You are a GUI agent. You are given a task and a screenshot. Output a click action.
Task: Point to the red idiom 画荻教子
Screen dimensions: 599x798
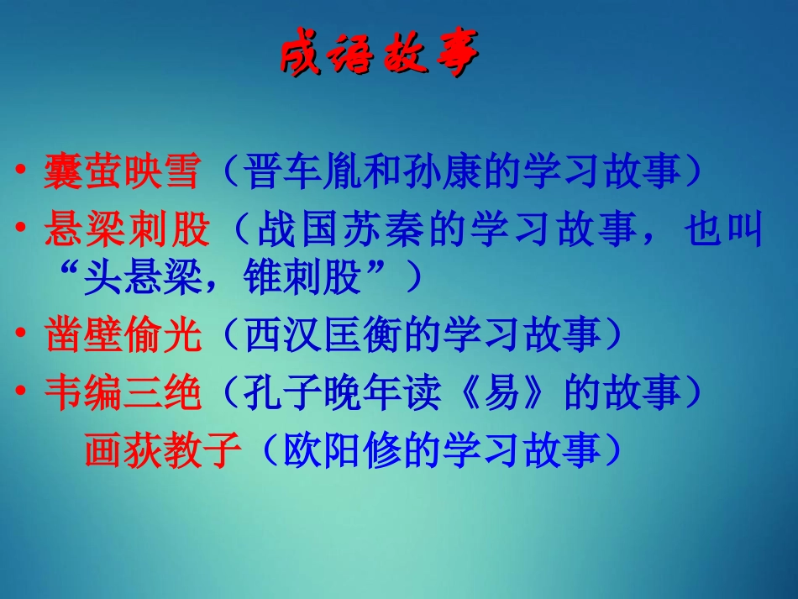tap(163, 450)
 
